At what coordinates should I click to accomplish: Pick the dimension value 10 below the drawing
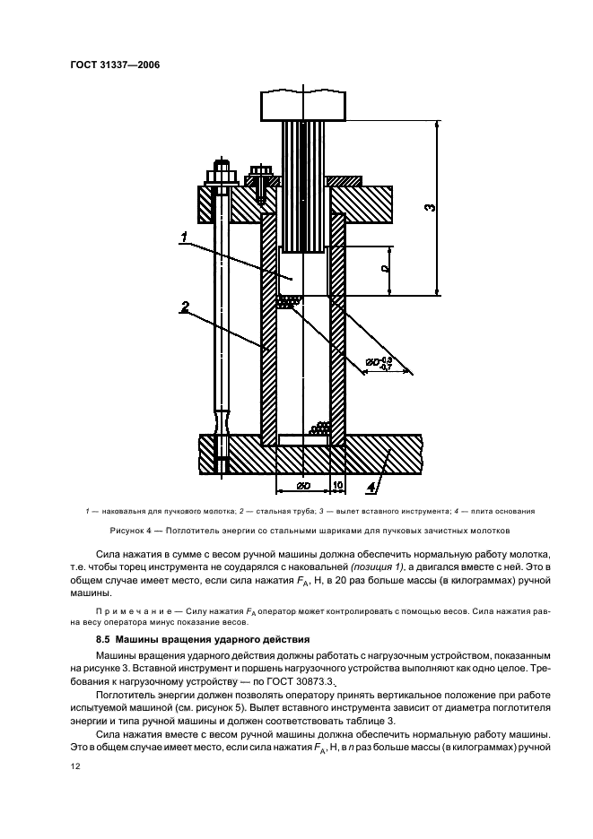pyautogui.click(x=337, y=484)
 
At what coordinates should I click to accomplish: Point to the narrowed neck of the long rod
pyautogui.click(x=220, y=419)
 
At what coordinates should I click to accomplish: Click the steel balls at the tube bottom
pyautogui.click(x=318, y=429)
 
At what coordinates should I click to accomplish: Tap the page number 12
pyautogui.click(x=76, y=767)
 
